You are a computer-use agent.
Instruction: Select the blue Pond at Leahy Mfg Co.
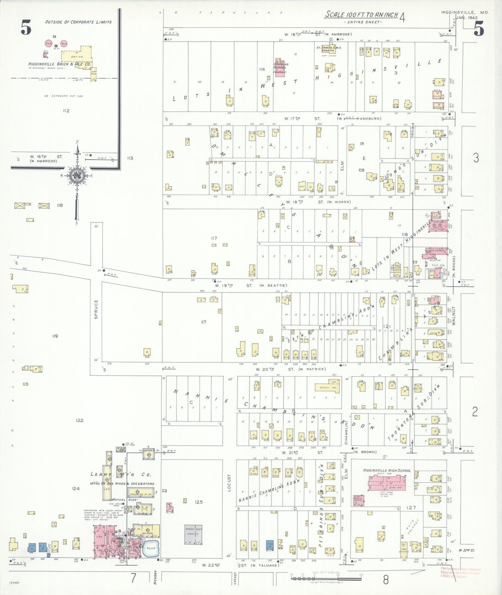coord(151,548)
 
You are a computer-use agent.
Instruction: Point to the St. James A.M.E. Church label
coord(329,49)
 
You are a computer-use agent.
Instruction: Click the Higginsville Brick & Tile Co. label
coord(60,64)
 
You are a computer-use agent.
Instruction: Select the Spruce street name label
coord(96,309)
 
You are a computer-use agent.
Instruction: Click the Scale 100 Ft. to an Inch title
coord(361,15)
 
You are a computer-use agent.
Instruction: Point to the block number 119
coord(55,336)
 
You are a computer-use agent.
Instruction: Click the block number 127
coord(411,508)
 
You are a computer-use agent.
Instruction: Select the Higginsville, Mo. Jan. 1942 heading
coord(465,15)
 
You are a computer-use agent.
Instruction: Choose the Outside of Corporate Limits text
coord(79,22)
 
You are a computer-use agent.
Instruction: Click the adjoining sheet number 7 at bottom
coord(133,578)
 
